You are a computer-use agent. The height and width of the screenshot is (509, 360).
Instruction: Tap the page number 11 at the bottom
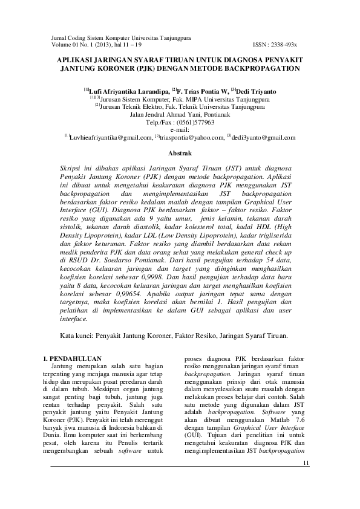click(x=305, y=463)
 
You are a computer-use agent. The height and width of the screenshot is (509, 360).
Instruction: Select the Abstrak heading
click(x=180, y=154)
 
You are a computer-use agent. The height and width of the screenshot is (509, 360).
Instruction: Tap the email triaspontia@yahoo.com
click(x=192, y=137)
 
